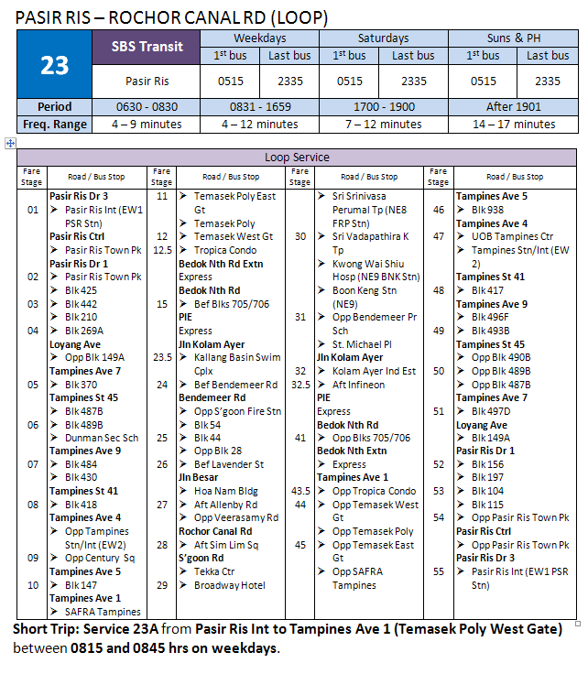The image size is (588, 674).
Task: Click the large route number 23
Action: pos(55,65)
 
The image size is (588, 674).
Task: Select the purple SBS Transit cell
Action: pos(147,46)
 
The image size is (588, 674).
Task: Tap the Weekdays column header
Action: pos(259,38)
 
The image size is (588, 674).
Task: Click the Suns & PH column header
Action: pos(516,38)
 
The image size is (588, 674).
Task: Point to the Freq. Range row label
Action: pos(55,124)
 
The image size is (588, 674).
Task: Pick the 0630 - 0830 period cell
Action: pos(147,106)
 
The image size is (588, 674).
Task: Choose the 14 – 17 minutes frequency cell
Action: pos(516,124)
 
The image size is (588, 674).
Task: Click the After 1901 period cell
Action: pos(516,106)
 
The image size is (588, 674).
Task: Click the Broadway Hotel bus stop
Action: pos(229,585)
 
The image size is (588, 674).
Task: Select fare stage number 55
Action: pos(439,571)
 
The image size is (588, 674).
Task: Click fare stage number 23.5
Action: pos(162,357)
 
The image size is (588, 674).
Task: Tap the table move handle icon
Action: pos(10,143)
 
